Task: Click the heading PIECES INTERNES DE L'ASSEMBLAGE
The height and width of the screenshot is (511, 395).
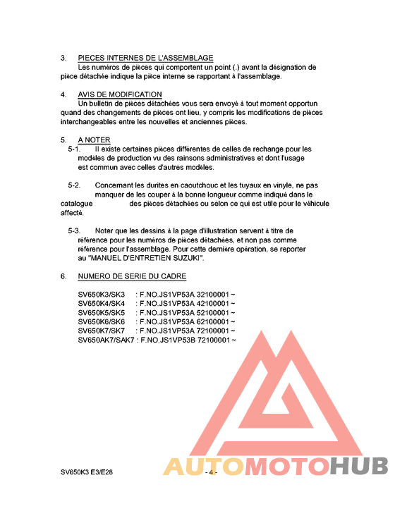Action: pyautogui.click(x=145, y=58)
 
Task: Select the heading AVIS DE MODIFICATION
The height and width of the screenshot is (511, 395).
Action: pyautogui.click(x=120, y=94)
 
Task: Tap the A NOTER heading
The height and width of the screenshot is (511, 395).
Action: pyautogui.click(x=94, y=140)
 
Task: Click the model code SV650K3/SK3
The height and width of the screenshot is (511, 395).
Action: pyautogui.click(x=101, y=294)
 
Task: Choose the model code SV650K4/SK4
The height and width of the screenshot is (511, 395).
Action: pyautogui.click(x=101, y=303)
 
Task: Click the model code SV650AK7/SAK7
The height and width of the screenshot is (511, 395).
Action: pyautogui.click(x=106, y=340)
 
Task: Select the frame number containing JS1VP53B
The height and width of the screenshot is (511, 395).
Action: pyautogui.click(x=189, y=340)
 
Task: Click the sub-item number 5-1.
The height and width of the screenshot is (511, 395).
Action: pyautogui.click(x=74, y=149)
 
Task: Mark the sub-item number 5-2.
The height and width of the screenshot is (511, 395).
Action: pyautogui.click(x=74, y=185)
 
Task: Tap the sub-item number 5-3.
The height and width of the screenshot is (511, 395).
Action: pyautogui.click(x=74, y=231)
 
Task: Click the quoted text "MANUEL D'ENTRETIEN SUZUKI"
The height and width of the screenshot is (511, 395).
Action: pyautogui.click(x=147, y=259)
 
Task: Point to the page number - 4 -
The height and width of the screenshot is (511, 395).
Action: pyautogui.click(x=210, y=472)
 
